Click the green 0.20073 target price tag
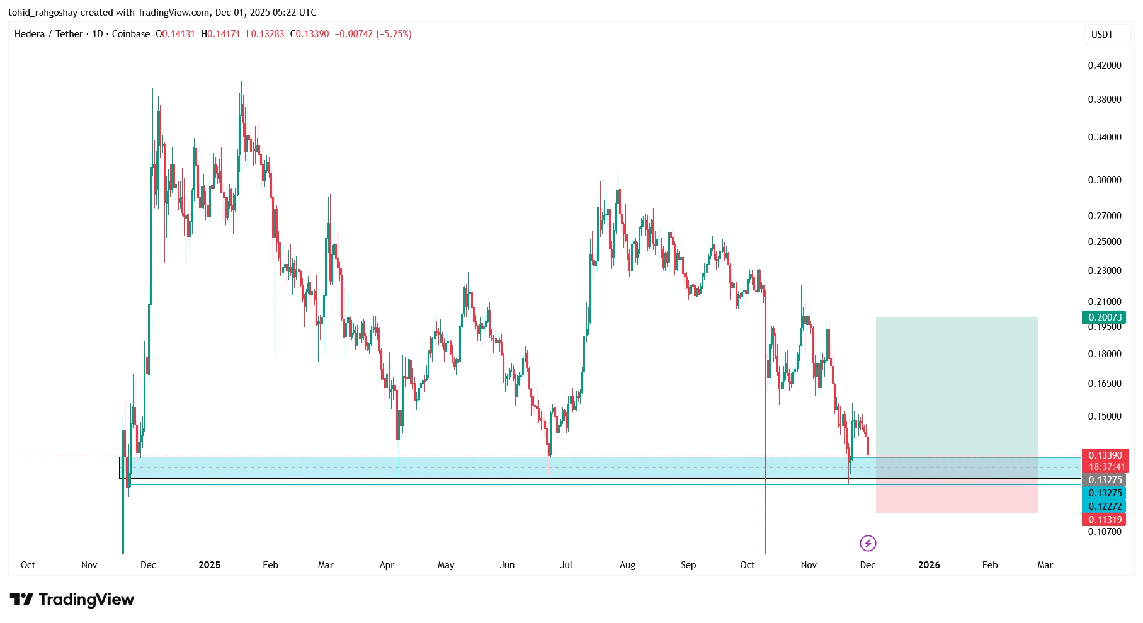pos(1105,317)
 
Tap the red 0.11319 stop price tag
pos(1105,519)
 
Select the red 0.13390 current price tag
pos(1105,455)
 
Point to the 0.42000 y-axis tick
pos(1105,66)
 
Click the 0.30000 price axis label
pos(1105,180)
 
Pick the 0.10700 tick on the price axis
pos(1105,532)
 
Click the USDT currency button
pos(1102,35)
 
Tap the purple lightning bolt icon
pos(868,543)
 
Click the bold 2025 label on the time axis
pos(209,565)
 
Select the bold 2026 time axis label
pos(929,565)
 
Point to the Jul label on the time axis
pos(566,565)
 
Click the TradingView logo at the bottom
pos(72,599)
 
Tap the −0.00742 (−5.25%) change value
pos(373,34)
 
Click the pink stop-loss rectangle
pos(956,499)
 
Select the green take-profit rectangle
pos(956,384)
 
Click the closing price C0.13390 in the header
pos(309,34)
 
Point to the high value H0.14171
pos(220,34)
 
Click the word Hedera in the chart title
pos(30,34)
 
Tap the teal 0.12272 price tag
pos(1105,506)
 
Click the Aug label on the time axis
pos(627,565)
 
